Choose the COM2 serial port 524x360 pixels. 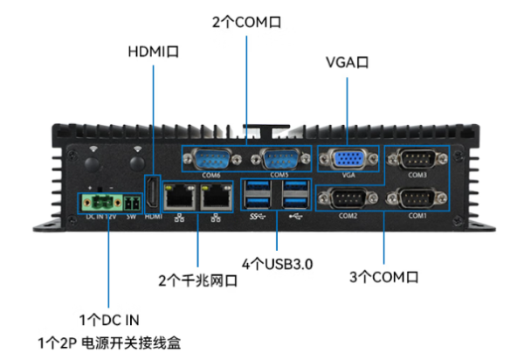[x=348, y=200]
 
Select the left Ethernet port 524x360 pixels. [x=180, y=197]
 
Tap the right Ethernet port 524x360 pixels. [x=213, y=197]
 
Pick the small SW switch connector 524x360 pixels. [x=131, y=202]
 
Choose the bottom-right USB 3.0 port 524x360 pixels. [x=293, y=200]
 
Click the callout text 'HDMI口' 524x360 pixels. [x=154, y=52]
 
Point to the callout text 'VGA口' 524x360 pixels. [x=347, y=63]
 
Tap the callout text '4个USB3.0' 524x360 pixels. [x=276, y=263]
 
